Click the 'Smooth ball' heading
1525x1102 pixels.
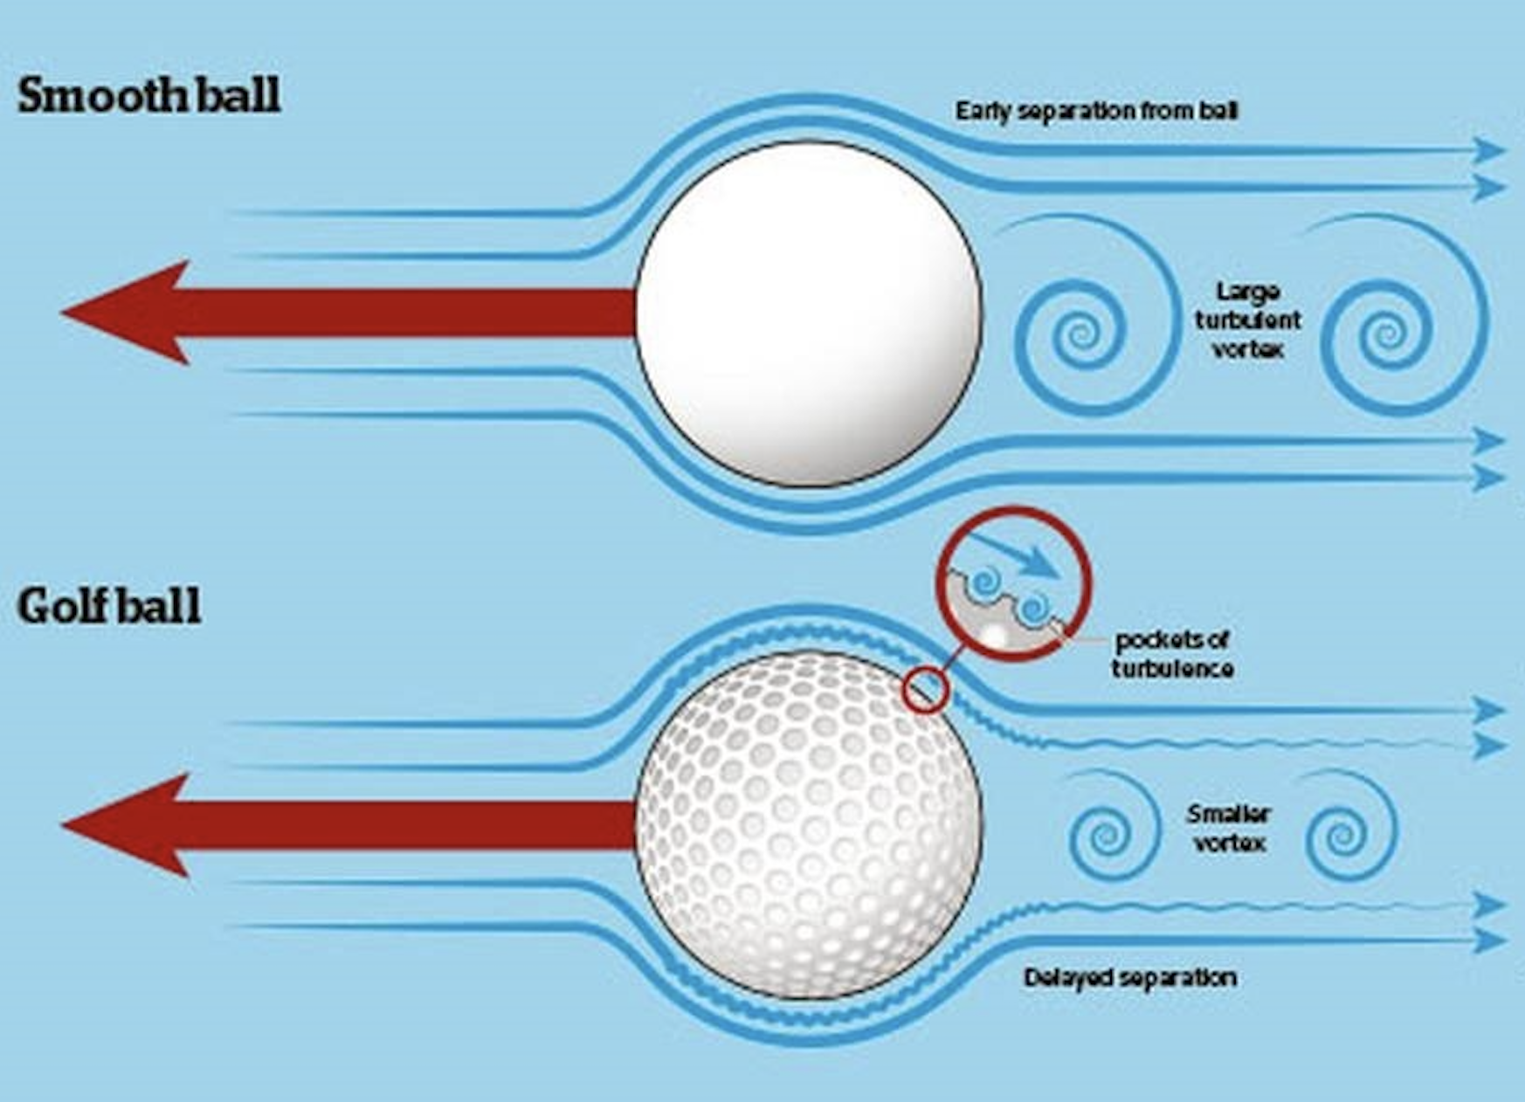[148, 94]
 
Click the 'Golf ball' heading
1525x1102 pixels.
[109, 605]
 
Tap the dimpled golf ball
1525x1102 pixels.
[808, 825]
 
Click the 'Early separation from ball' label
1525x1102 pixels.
[1096, 111]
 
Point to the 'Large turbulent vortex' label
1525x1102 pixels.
[1247, 320]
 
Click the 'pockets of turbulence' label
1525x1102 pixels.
[1172, 654]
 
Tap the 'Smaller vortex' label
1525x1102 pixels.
[1228, 828]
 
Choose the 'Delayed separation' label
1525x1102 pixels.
[1129, 977]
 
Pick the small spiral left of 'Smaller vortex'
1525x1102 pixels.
[1106, 834]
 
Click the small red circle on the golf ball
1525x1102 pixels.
[926, 690]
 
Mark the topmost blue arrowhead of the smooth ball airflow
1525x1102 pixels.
[1488, 150]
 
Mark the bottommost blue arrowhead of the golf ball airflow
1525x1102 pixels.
[1488, 940]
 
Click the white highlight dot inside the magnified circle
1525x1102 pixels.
[996, 635]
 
